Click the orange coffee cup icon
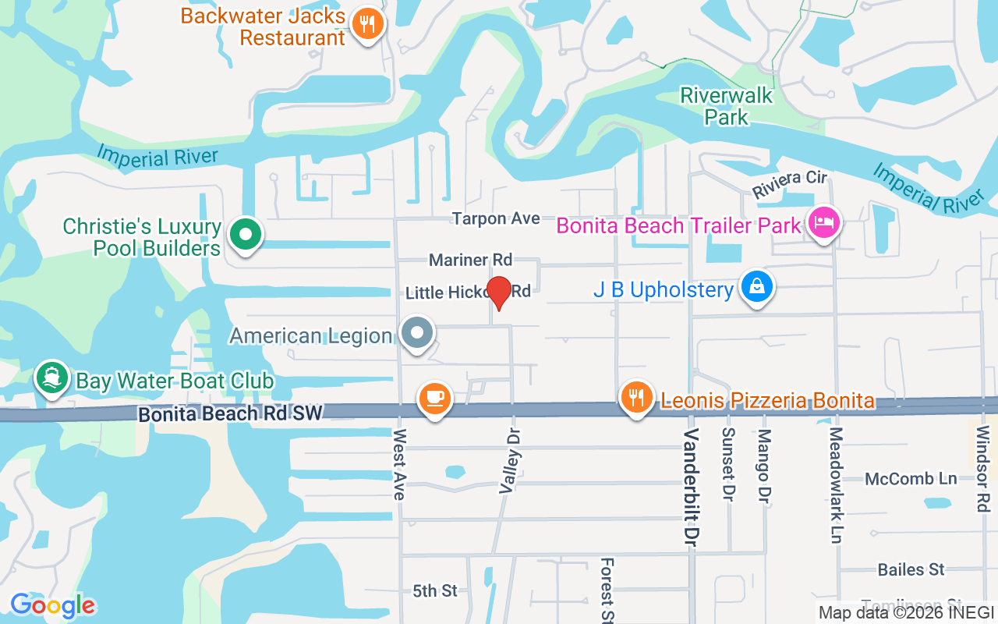coord(435,398)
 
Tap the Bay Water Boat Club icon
coord(52,378)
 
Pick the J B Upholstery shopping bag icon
coord(756,286)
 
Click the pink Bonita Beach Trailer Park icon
coord(825,224)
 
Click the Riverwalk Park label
coord(727,106)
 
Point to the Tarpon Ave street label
coord(496,219)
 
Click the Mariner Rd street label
coord(470,260)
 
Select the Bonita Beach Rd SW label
coord(230,413)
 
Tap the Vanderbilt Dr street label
coord(690,490)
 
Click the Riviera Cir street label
coord(789,184)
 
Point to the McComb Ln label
coord(911,479)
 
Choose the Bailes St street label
coord(911,570)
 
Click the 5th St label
coord(435,591)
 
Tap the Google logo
coord(52,605)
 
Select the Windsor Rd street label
coord(982,469)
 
